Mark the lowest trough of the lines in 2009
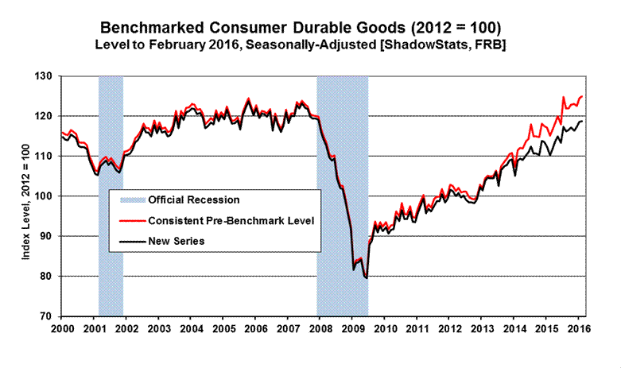pyautogui.click(x=366, y=277)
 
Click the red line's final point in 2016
pyautogui.click(x=582, y=96)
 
